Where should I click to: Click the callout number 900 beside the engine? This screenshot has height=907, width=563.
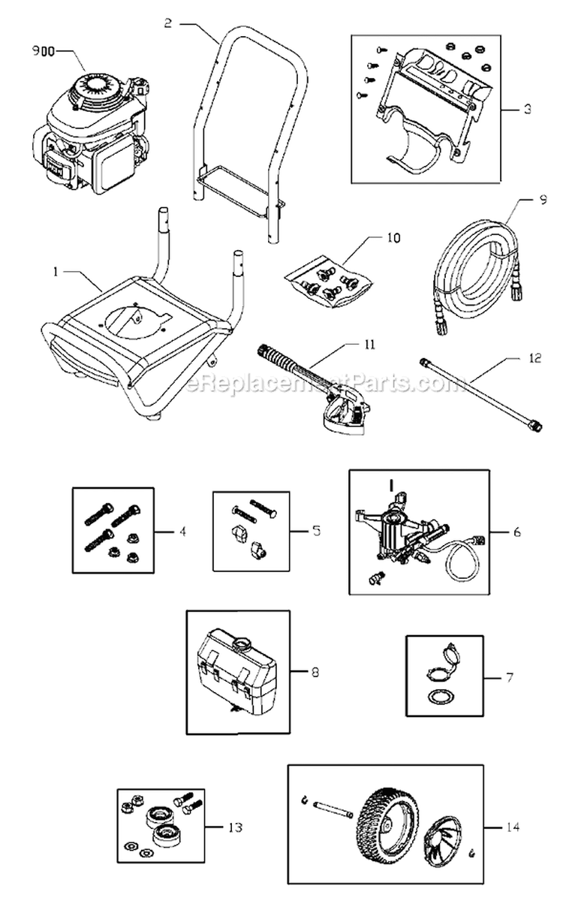tap(43, 53)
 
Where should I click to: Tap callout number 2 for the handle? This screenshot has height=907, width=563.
tap(167, 23)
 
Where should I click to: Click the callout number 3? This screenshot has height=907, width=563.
tap(528, 109)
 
